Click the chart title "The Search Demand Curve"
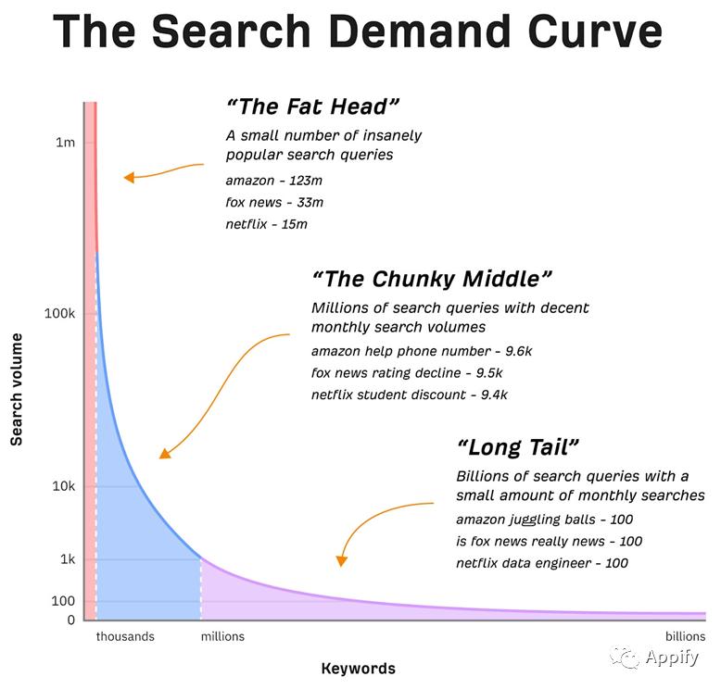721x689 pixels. point(358,31)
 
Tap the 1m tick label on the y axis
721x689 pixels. point(65,143)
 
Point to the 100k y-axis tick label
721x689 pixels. point(59,314)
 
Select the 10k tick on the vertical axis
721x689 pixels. point(63,487)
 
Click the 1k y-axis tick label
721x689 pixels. point(67,559)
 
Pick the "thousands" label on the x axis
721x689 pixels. point(125,637)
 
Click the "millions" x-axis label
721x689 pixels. point(222,637)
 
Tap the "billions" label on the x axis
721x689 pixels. point(685,637)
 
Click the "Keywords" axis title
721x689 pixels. point(358,669)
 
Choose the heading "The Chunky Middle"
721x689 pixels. point(432,278)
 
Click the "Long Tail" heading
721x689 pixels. point(518,447)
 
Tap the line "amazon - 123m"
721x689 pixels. point(273,181)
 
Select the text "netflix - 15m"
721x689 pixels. point(266,224)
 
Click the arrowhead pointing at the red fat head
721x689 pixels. point(129,177)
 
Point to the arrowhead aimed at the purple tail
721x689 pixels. point(342,560)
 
